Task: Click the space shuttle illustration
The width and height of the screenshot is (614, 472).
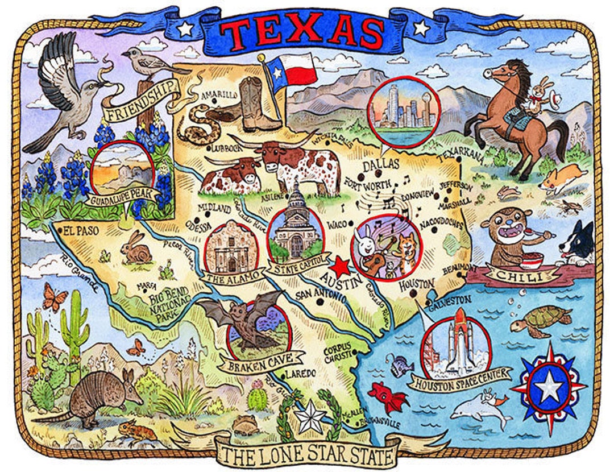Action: coord(458,344)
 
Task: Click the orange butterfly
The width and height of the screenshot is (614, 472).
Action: coord(55,297)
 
